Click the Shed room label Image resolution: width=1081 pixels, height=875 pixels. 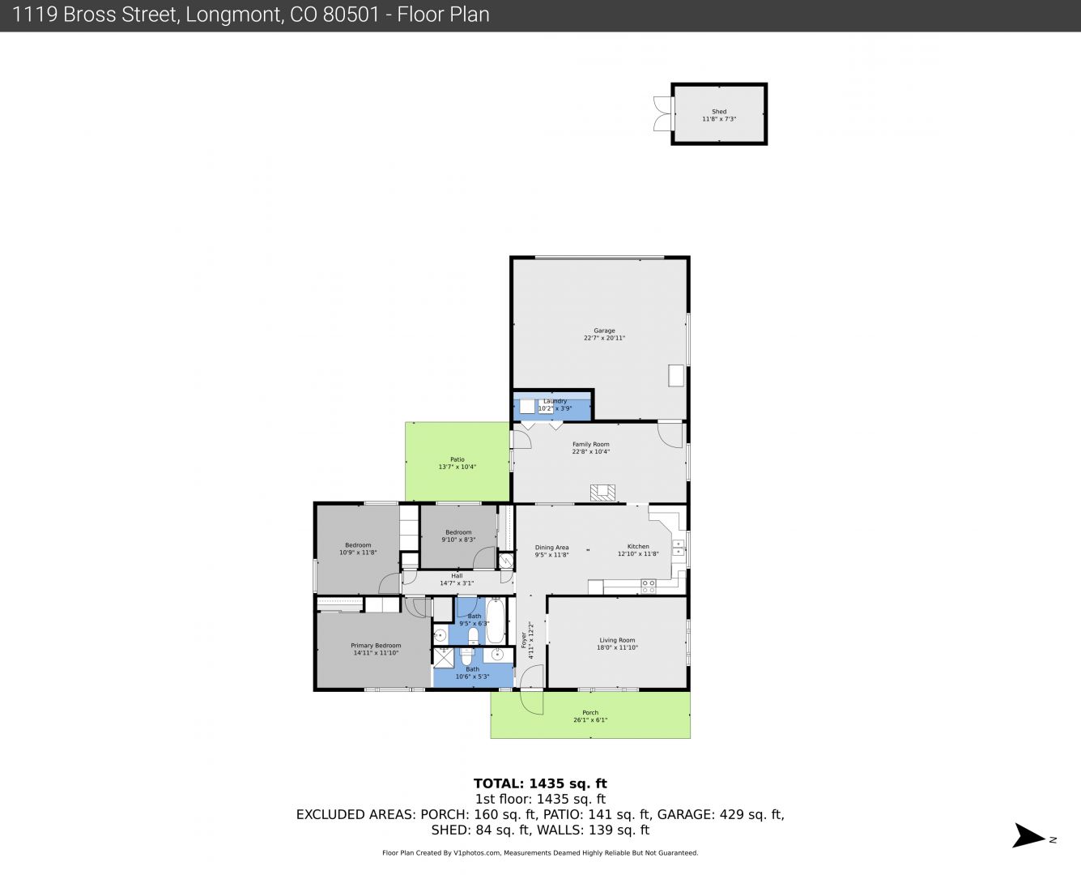pyautogui.click(x=718, y=111)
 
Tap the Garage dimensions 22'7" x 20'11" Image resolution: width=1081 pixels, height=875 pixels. pyautogui.click(x=604, y=338)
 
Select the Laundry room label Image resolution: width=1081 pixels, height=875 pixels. pyautogui.click(x=555, y=401)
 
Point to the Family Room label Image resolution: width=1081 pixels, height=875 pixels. pyautogui.click(x=591, y=444)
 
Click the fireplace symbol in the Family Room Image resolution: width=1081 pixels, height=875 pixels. pyautogui.click(x=602, y=493)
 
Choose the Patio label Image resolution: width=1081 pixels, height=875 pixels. pyautogui.click(x=458, y=459)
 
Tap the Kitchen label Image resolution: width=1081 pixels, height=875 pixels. pyautogui.click(x=638, y=546)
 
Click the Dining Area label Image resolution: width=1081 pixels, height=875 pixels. pyautogui.click(x=551, y=548)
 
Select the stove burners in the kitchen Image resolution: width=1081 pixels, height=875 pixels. pyautogui.click(x=648, y=587)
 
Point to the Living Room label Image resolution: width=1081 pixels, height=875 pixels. pyautogui.click(x=617, y=640)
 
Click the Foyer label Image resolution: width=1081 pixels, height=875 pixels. pyautogui.click(x=524, y=640)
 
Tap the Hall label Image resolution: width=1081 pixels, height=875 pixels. pyautogui.click(x=457, y=576)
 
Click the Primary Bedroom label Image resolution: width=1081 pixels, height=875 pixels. pyautogui.click(x=376, y=646)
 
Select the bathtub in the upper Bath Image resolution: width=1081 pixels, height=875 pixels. pyautogui.click(x=496, y=621)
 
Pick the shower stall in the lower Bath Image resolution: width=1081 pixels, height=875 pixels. pyautogui.click(x=443, y=658)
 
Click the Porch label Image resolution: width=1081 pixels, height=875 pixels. pyautogui.click(x=590, y=712)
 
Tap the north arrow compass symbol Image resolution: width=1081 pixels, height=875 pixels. pyautogui.click(x=1029, y=835)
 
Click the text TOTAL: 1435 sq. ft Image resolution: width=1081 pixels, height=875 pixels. pyautogui.click(x=540, y=783)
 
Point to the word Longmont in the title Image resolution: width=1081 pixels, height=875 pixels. pyautogui.click(x=233, y=15)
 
